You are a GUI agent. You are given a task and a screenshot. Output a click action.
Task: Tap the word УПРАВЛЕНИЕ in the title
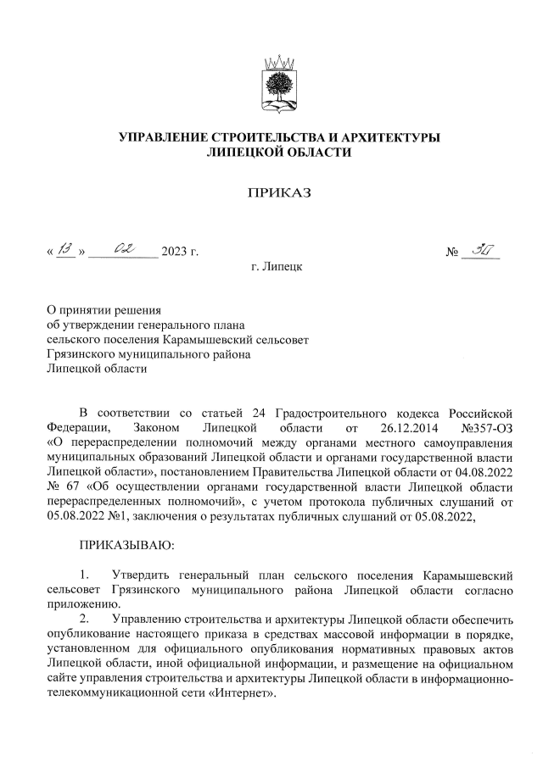164,138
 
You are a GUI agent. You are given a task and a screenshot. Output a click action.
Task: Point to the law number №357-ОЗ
483,427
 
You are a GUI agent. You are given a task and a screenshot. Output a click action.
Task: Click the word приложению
82,605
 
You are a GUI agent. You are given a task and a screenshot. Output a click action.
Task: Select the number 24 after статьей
260,413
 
